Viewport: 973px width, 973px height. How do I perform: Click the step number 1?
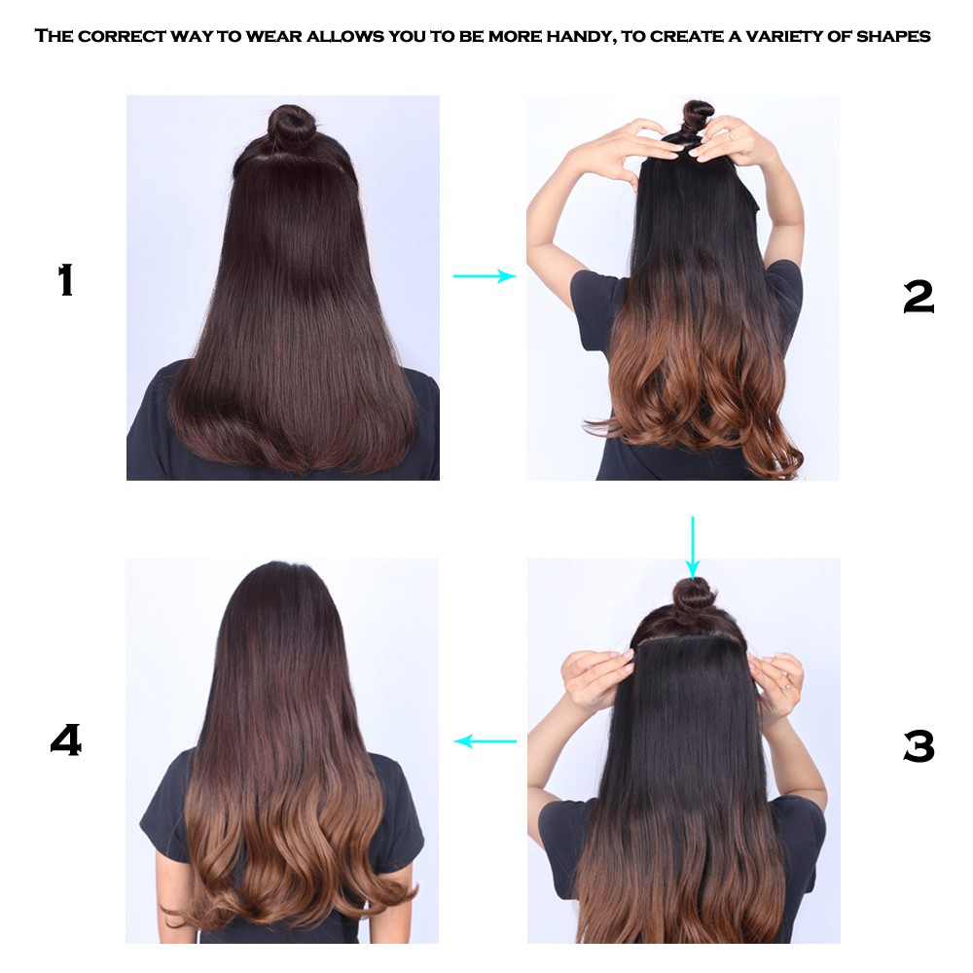pos(66,280)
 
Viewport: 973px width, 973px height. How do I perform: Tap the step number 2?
pos(919,297)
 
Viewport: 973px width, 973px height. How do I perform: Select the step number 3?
pos(919,746)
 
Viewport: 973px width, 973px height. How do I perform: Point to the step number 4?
pos(66,739)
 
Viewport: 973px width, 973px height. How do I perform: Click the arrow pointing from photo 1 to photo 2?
pos(485,276)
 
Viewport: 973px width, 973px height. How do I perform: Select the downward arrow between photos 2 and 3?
pos(693,547)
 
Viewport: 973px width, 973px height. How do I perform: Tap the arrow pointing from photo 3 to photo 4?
pos(486,740)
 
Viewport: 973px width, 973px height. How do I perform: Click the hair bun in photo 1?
pos(290,126)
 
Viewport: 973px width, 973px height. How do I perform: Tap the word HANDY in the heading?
pos(579,37)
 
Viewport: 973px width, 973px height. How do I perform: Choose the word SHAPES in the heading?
pos(893,36)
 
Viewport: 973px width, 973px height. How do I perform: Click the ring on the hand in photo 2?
pos(732,136)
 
